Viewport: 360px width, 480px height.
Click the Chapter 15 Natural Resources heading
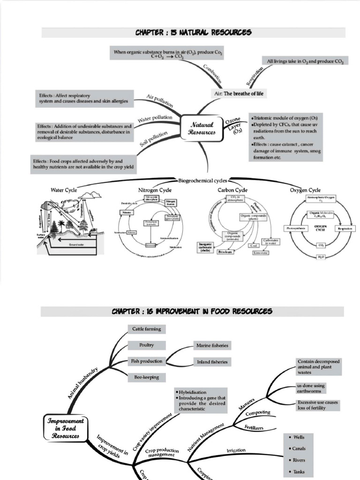[x=193, y=32]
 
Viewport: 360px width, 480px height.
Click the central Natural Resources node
[x=202, y=128]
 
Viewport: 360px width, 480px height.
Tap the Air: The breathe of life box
[x=238, y=94]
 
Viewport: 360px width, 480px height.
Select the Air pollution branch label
[x=160, y=101]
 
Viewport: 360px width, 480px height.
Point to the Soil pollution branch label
[x=153, y=139]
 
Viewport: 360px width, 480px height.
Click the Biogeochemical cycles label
[x=202, y=180]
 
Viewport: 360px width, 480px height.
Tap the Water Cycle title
[x=64, y=190]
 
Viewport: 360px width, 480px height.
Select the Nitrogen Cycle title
[x=154, y=190]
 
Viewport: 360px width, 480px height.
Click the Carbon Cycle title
[x=232, y=190]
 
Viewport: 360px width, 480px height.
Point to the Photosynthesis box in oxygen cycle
[x=296, y=228]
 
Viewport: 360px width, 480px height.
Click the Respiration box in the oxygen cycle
[x=346, y=228]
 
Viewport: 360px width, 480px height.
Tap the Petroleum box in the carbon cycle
[x=225, y=252]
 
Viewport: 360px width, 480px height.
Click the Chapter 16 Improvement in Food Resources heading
[x=192, y=311]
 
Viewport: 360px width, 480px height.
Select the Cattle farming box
[x=146, y=329]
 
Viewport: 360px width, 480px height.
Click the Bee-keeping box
[x=146, y=377]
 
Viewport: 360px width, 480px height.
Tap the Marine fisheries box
[x=212, y=345]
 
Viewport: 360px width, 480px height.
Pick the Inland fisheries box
[x=212, y=362]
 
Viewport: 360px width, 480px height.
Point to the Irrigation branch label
[x=236, y=450]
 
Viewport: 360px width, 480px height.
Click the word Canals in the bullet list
[x=299, y=449]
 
